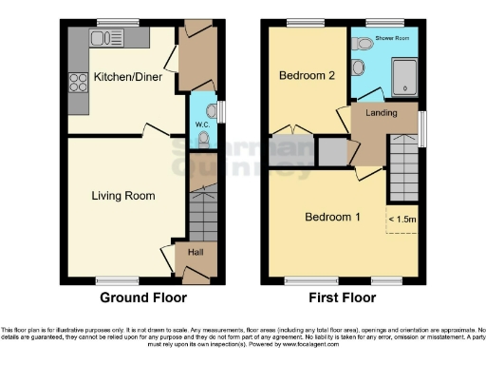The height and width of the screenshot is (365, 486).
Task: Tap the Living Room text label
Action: [x=123, y=196]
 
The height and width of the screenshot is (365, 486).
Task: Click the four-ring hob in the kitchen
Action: [x=76, y=84]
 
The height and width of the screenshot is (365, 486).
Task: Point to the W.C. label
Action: [x=202, y=124]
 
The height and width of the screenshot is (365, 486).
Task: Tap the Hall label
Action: [x=195, y=252]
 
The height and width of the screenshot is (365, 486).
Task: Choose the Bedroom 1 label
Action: [x=332, y=217]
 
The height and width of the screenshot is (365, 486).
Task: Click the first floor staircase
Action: [x=403, y=166]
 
